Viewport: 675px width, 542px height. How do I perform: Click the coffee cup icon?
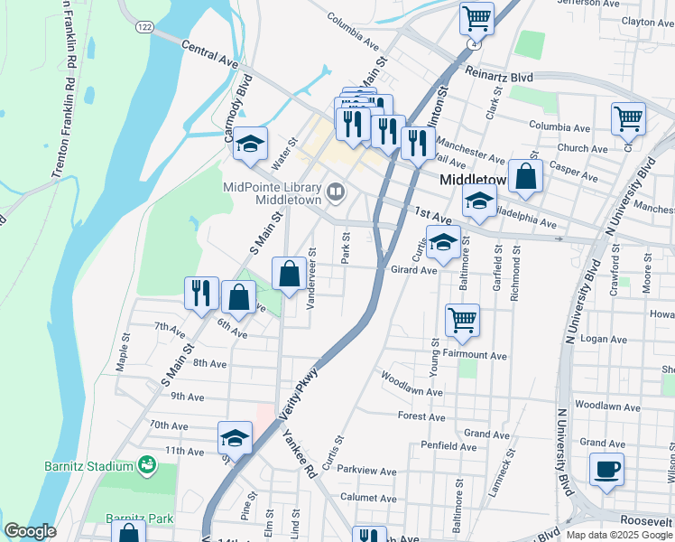pyautogui.click(x=606, y=470)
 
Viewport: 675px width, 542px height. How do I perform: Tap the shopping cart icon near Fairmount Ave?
pyautogui.click(x=462, y=320)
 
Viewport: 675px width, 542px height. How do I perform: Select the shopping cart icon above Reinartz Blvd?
pyautogui.click(x=476, y=18)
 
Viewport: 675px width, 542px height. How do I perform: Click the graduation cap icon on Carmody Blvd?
pyautogui.click(x=250, y=144)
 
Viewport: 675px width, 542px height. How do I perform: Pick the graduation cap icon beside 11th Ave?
pyautogui.click(x=235, y=439)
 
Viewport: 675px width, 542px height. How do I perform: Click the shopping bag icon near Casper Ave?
pyautogui.click(x=524, y=176)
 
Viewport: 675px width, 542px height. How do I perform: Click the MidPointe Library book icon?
pyautogui.click(x=336, y=191)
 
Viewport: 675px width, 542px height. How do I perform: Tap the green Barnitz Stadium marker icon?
pyautogui.click(x=145, y=465)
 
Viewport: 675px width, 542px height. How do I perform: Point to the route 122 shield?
pyautogui.click(x=144, y=28)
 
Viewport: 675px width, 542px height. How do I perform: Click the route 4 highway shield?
pyautogui.click(x=472, y=43)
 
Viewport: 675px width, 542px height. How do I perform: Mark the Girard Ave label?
pyautogui.click(x=413, y=269)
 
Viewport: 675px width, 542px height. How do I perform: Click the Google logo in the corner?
pyautogui.click(x=30, y=531)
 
